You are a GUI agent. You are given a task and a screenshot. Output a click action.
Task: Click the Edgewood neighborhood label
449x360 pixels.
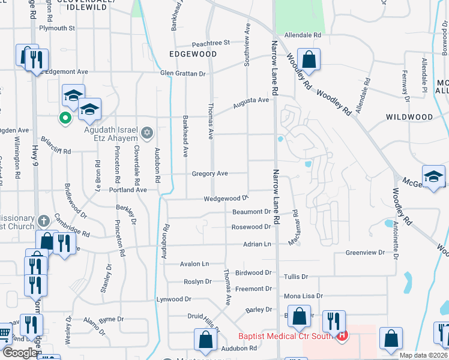193,54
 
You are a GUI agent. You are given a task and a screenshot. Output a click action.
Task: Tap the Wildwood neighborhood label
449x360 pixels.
409,116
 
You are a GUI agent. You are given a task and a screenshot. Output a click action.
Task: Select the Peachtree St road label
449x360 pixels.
211,43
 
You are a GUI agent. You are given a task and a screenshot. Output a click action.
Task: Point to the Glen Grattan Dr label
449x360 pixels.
182,73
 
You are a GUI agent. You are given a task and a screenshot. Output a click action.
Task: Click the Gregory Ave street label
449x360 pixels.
209,173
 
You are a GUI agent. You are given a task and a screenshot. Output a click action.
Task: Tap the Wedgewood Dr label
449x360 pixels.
226,198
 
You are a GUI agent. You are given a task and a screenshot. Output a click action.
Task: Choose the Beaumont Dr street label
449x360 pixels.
252,212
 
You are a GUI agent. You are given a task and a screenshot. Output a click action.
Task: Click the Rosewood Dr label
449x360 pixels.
252,227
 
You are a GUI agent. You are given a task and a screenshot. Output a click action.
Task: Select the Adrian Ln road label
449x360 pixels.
257,244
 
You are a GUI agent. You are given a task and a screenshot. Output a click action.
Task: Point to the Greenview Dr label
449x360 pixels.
365,253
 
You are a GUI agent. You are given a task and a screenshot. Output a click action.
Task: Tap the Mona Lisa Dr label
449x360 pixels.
303,296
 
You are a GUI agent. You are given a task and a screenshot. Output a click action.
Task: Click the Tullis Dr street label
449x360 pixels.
296,277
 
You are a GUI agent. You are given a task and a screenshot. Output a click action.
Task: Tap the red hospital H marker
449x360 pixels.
342,335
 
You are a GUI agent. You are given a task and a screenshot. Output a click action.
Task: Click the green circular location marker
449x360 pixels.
64,118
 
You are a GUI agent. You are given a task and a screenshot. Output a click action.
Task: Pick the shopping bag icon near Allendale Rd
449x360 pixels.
309,59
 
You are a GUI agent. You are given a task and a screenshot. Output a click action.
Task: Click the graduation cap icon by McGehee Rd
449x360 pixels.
433,176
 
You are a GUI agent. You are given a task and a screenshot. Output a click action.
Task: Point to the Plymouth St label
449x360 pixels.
56,28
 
